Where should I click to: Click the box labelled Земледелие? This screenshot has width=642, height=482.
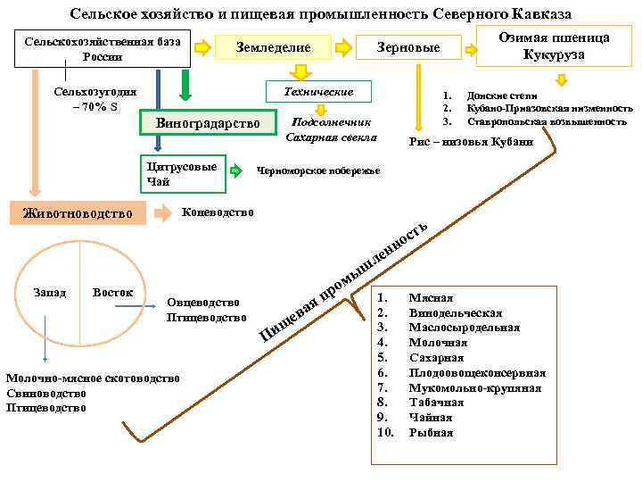274,47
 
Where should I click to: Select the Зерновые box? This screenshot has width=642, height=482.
409,47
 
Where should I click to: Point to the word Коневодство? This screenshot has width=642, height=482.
218,212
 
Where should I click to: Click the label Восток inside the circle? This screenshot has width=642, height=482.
113,292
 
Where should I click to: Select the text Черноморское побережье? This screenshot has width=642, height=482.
318,170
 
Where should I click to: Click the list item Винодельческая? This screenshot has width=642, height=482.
456,312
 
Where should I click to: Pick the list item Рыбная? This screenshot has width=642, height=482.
431,433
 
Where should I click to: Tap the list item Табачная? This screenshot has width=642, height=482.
437,403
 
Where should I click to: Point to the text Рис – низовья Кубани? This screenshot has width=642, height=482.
471,141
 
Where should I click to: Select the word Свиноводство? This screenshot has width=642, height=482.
45,393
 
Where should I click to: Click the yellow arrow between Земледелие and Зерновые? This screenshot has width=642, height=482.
342,46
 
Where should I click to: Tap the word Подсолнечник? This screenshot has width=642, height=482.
330,122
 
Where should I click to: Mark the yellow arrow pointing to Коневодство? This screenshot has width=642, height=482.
164,213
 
